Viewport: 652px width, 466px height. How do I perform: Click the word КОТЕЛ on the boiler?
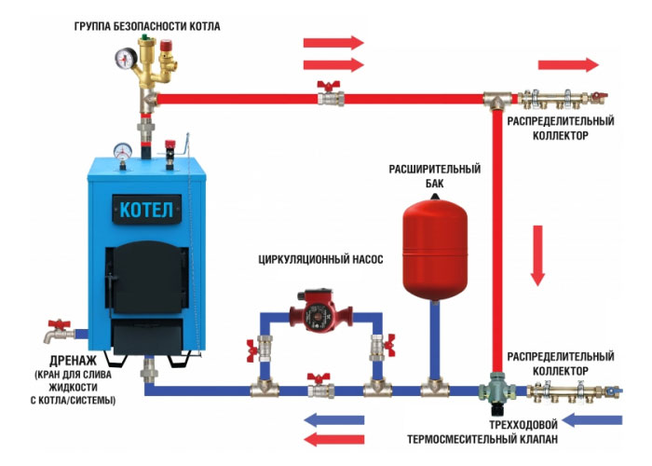[x=146, y=209]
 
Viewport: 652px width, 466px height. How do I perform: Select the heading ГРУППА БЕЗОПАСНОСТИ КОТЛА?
[x=146, y=26]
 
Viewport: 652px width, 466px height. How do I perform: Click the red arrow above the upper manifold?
[x=568, y=64]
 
